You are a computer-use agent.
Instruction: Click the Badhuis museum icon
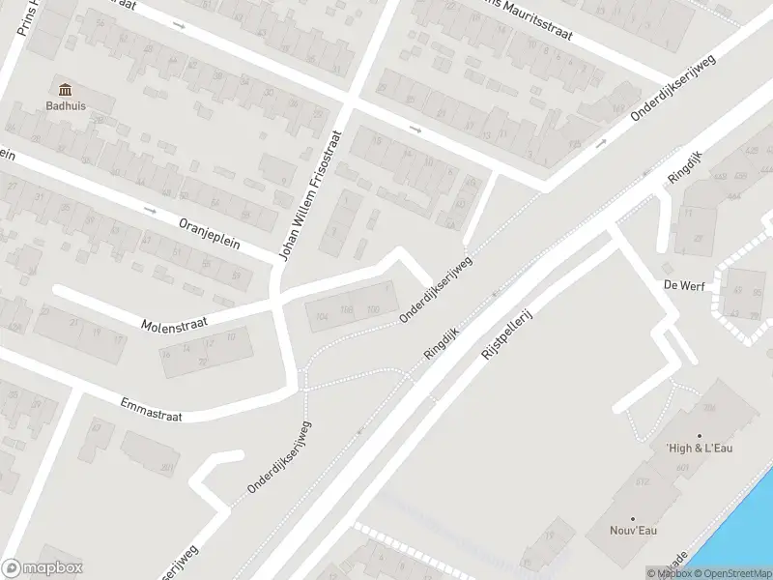point(66,90)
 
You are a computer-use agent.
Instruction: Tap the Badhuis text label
point(66,107)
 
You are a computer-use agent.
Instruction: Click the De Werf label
point(681,285)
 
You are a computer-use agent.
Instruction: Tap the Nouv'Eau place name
point(632,530)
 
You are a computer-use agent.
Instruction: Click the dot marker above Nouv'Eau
point(632,518)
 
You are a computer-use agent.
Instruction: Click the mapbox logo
point(42,568)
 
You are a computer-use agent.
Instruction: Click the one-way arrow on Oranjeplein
point(149,209)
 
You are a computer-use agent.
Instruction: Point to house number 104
point(322,316)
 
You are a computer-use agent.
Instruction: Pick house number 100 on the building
point(372,309)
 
